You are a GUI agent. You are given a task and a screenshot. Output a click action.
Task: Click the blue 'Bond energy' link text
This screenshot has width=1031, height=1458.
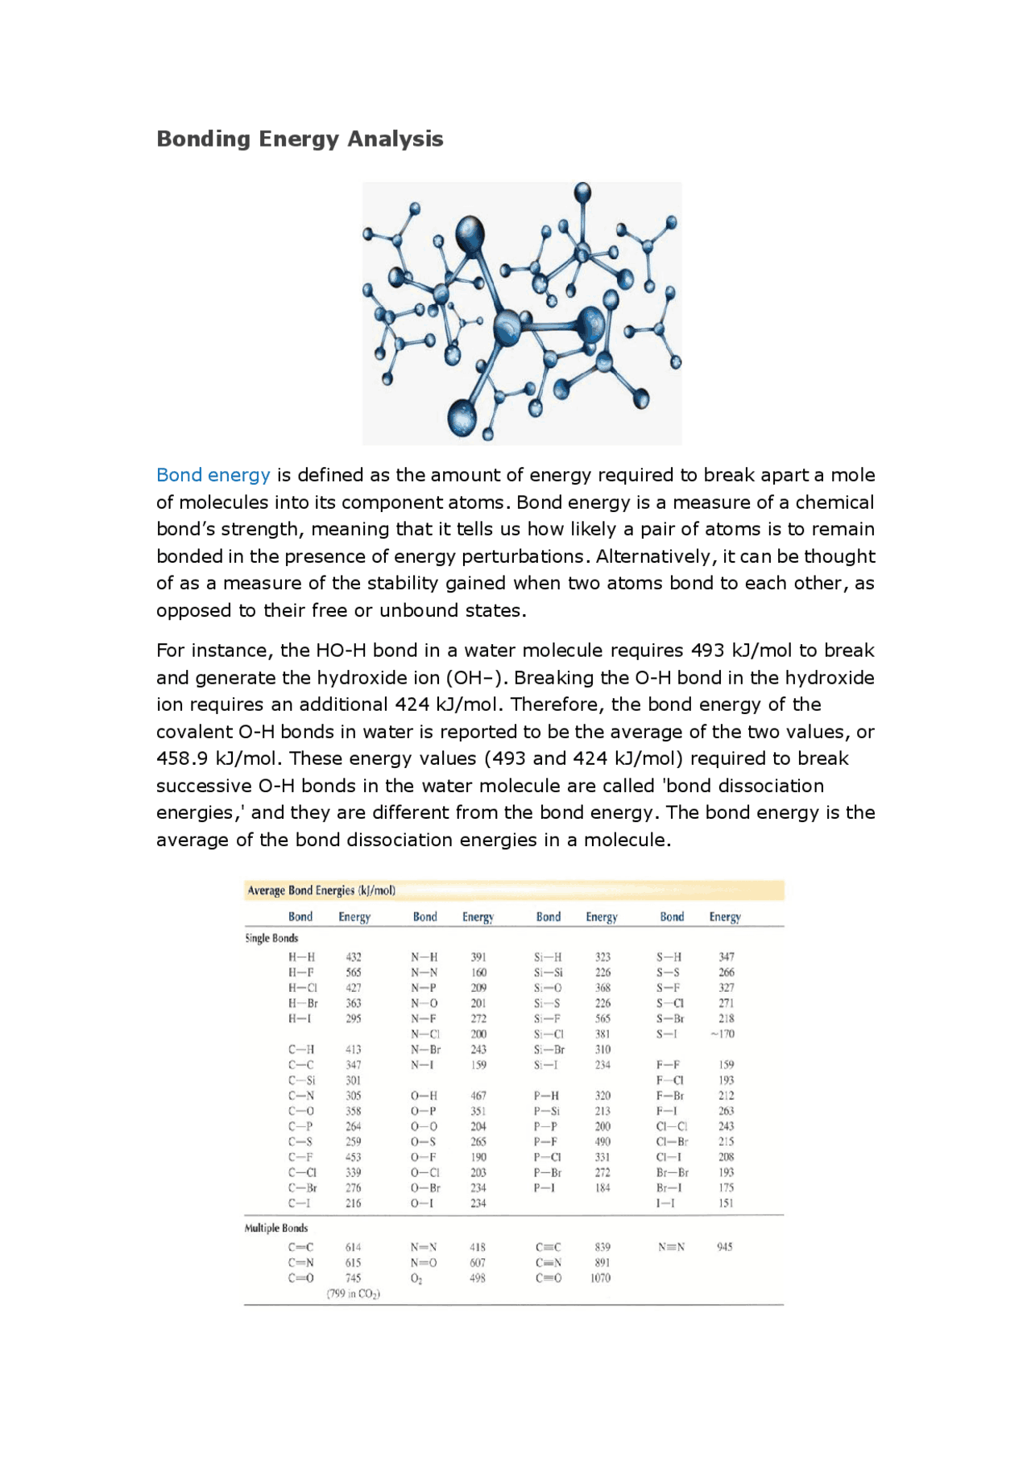[213, 475]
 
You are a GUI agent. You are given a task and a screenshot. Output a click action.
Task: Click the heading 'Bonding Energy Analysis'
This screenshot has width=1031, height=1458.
[300, 138]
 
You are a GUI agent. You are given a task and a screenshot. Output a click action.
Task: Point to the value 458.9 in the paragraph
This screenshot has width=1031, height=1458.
[181, 758]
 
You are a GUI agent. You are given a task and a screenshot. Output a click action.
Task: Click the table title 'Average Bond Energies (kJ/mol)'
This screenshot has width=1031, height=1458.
[321, 890]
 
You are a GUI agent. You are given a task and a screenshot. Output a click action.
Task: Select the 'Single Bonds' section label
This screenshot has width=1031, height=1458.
[271, 938]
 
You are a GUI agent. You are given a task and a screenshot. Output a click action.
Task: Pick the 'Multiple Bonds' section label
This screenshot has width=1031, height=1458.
[276, 1228]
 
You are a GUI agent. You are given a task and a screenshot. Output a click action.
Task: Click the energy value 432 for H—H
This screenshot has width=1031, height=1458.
[354, 957]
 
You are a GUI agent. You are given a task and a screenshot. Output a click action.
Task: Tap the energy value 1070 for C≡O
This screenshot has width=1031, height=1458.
[600, 1278]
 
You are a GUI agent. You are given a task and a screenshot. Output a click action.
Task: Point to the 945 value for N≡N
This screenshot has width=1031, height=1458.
[725, 1247]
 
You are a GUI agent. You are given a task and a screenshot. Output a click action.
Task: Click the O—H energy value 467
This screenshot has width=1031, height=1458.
[478, 1096]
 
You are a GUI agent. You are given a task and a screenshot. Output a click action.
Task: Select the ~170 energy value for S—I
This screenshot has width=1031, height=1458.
[723, 1034]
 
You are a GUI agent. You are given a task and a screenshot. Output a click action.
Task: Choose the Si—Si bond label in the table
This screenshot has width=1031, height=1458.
[549, 973]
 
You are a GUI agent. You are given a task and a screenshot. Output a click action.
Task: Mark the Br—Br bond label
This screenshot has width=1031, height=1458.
[672, 1172]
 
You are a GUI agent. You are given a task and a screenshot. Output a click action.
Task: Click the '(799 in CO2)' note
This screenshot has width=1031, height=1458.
[354, 1294]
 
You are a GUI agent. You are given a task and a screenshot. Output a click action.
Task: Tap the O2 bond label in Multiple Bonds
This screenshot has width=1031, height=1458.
[416, 1278]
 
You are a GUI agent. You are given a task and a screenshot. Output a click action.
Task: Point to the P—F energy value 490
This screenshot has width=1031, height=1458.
[602, 1142]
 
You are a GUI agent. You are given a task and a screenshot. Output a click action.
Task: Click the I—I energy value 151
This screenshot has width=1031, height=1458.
[726, 1203]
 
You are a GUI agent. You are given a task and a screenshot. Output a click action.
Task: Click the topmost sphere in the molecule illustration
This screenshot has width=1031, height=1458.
[582, 192]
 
